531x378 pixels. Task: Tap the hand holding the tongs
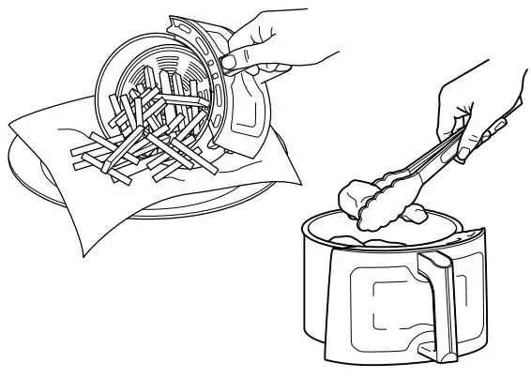click(460, 122)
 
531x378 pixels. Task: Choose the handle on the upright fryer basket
click(439, 300)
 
